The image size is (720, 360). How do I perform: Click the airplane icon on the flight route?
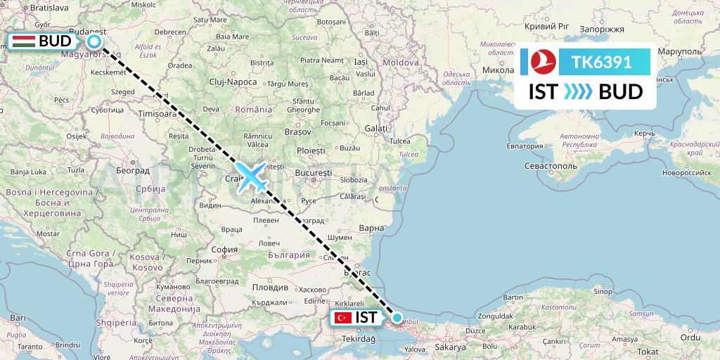(x=252, y=176)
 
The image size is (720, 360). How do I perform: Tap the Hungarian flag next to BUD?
(x=25, y=41)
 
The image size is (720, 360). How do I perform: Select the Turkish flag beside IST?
(x=343, y=317)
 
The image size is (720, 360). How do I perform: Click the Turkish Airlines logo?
(x=539, y=63)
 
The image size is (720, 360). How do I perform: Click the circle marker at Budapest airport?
(x=94, y=41)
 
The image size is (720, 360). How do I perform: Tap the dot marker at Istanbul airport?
(x=397, y=318)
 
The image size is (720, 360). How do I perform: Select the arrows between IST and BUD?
(x=579, y=92)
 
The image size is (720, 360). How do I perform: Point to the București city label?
(x=313, y=172)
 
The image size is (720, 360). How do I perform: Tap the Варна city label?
(x=371, y=228)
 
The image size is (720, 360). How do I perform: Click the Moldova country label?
(x=401, y=63)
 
